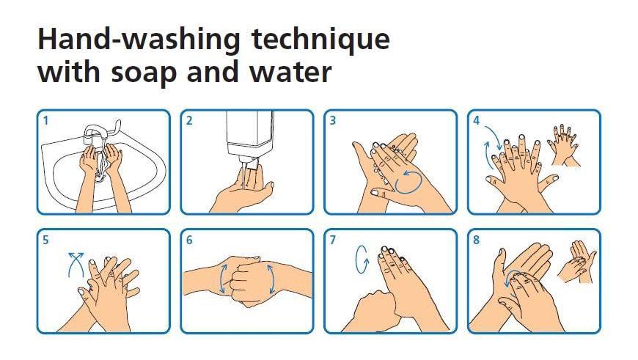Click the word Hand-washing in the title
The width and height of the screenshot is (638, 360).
pos(139,40)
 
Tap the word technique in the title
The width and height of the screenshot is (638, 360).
pos(320,40)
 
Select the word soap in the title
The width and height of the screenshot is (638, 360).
pos(144,73)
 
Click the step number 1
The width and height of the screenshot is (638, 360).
pos(45,121)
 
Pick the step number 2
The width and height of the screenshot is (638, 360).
pos(189,121)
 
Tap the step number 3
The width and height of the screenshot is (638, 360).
pos(333,121)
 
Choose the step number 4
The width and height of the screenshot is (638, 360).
pos(477,121)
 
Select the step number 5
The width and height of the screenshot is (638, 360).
pos(45,240)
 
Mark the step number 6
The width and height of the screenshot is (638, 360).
pos(189,240)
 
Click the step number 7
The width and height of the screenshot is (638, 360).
pos(333,240)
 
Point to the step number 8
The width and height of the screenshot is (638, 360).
pos(477,240)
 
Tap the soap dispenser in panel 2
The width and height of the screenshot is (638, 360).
pos(249,139)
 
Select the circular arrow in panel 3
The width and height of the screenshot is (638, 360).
pos(408,182)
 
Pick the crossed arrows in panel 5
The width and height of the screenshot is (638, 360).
pos(76,265)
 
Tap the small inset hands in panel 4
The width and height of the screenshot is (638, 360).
pos(565,145)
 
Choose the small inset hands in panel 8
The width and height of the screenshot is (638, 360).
pos(577,262)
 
